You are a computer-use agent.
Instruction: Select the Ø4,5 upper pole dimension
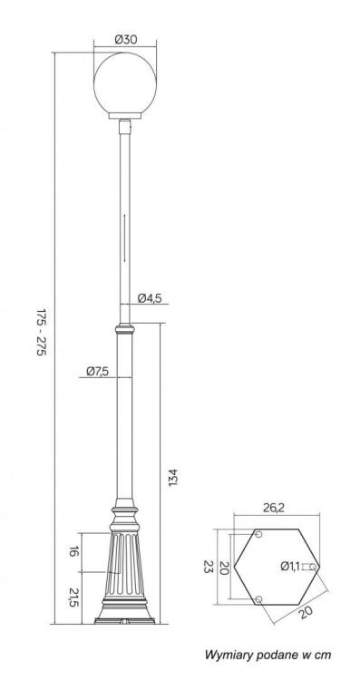click(x=151, y=298)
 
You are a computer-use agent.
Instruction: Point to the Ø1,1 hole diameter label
click(x=289, y=567)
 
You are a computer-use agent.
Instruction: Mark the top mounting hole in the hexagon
click(x=258, y=536)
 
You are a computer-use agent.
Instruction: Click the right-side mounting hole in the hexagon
click(x=312, y=567)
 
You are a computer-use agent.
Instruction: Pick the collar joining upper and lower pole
click(x=125, y=325)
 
